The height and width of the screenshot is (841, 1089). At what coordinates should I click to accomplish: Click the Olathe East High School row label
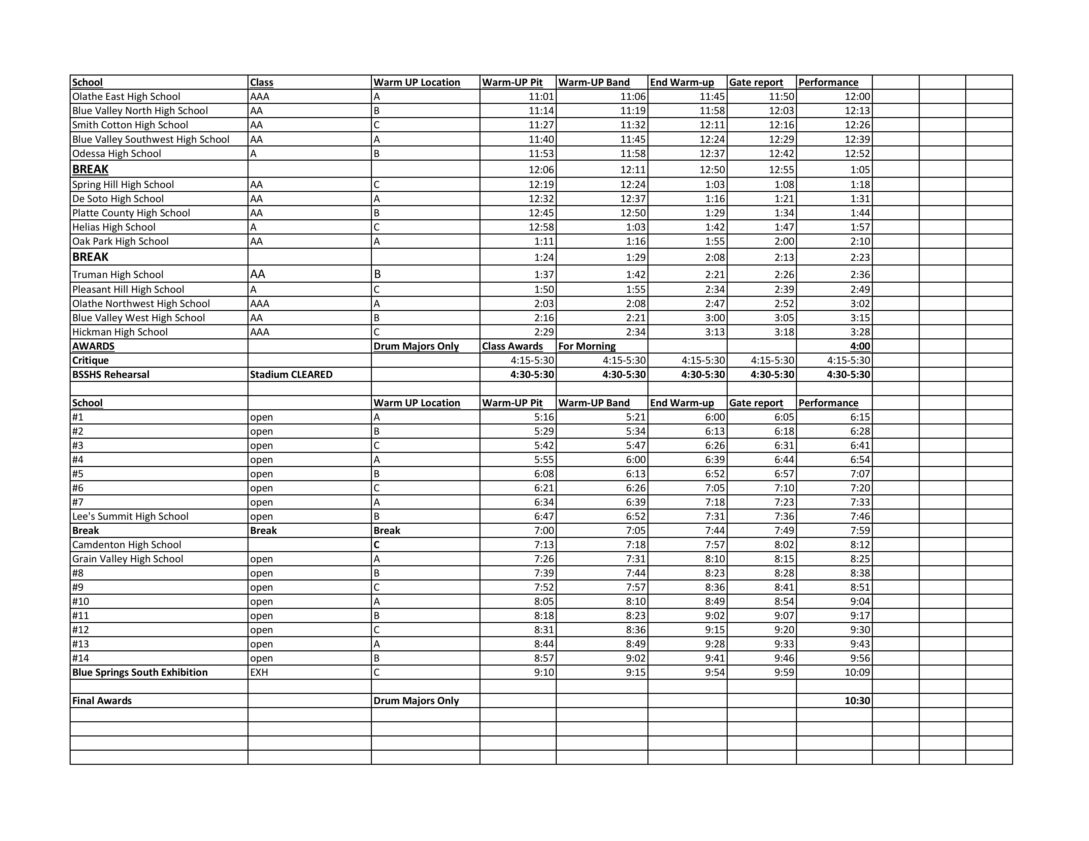(x=126, y=97)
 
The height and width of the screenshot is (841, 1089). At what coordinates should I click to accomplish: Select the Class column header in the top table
(x=261, y=83)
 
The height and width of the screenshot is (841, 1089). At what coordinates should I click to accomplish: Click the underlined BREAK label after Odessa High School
(x=90, y=170)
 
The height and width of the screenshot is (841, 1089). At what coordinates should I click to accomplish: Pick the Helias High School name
(x=114, y=227)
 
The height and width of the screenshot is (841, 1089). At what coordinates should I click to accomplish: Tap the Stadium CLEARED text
(x=291, y=375)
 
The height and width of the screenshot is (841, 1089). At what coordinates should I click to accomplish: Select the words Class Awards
(x=512, y=346)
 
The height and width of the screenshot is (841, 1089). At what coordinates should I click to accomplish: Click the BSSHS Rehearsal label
(x=111, y=375)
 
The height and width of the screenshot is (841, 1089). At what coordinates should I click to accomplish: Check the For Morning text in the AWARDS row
(x=586, y=346)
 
